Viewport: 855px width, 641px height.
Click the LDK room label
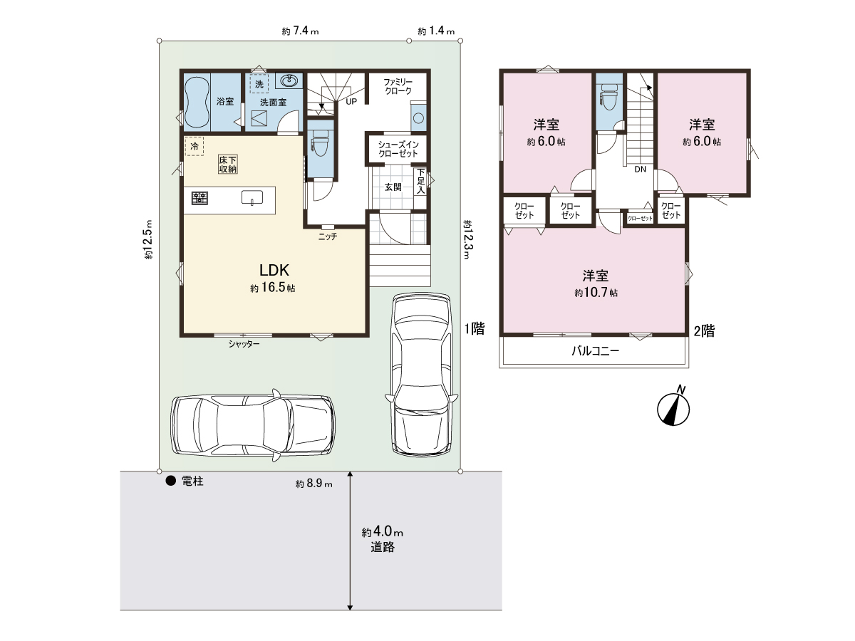pyautogui.click(x=274, y=270)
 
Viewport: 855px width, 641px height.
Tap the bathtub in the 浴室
pyautogui.click(x=197, y=102)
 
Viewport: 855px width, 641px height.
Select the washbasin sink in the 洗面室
pyautogui.click(x=289, y=81)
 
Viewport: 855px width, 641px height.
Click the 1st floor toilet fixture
pyautogui.click(x=321, y=142)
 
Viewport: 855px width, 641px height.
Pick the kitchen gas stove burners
pyautogui.click(x=199, y=198)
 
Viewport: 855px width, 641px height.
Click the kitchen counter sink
pyautogui.click(x=252, y=197)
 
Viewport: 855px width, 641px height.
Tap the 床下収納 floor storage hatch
pyautogui.click(x=228, y=165)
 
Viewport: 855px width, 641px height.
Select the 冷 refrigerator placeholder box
pyautogui.click(x=194, y=146)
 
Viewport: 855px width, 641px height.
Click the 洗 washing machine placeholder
pyautogui.click(x=259, y=83)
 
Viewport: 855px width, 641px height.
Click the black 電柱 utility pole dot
pyautogui.click(x=170, y=481)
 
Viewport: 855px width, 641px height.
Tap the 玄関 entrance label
pyautogui.click(x=393, y=187)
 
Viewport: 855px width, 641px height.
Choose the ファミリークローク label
pyautogui.click(x=398, y=86)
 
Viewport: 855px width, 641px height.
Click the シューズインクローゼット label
pyautogui.click(x=398, y=149)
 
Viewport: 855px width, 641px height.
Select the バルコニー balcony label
pyautogui.click(x=595, y=351)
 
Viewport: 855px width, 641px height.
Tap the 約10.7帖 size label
pyautogui.click(x=596, y=293)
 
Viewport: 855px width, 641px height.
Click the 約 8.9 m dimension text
pyautogui.click(x=314, y=484)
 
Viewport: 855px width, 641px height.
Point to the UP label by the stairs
pyautogui.click(x=351, y=102)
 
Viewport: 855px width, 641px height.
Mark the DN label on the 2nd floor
pyautogui.click(x=641, y=170)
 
